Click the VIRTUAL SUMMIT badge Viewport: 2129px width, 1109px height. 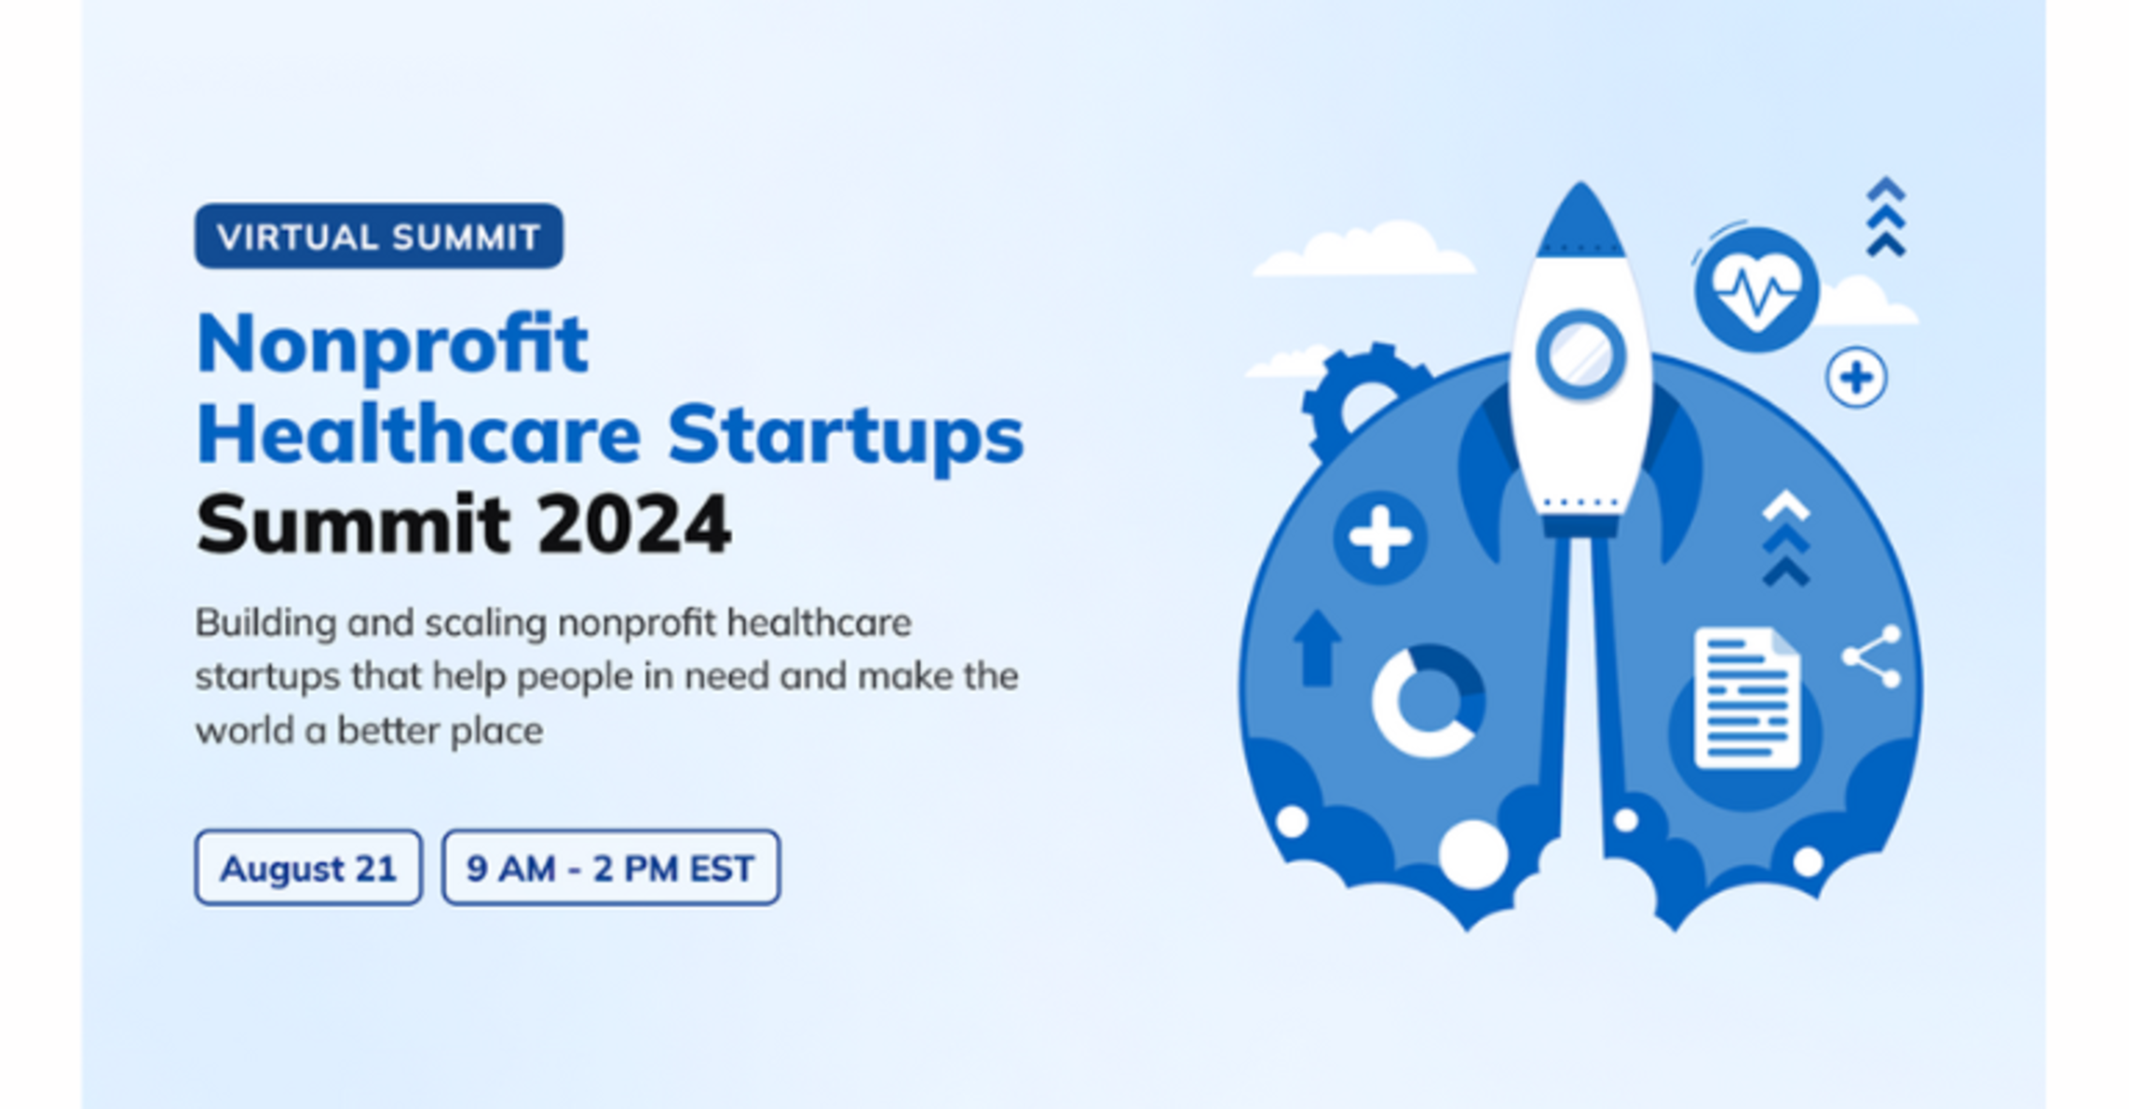pos(378,237)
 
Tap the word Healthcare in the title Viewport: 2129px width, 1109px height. pos(419,435)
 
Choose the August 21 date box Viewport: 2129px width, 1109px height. pos(308,868)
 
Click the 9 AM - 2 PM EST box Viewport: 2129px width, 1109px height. pos(611,868)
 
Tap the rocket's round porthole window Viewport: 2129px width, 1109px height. pos(1580,355)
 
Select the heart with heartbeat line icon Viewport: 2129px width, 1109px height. pos(1756,291)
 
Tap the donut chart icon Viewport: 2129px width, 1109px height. pos(1428,700)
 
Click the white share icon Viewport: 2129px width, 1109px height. pos(1872,657)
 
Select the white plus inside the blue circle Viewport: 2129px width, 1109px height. pos(1380,537)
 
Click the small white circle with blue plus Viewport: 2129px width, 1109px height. pos(1856,377)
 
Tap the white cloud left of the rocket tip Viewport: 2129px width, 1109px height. pos(1364,250)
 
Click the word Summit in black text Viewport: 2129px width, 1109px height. pos(354,525)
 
